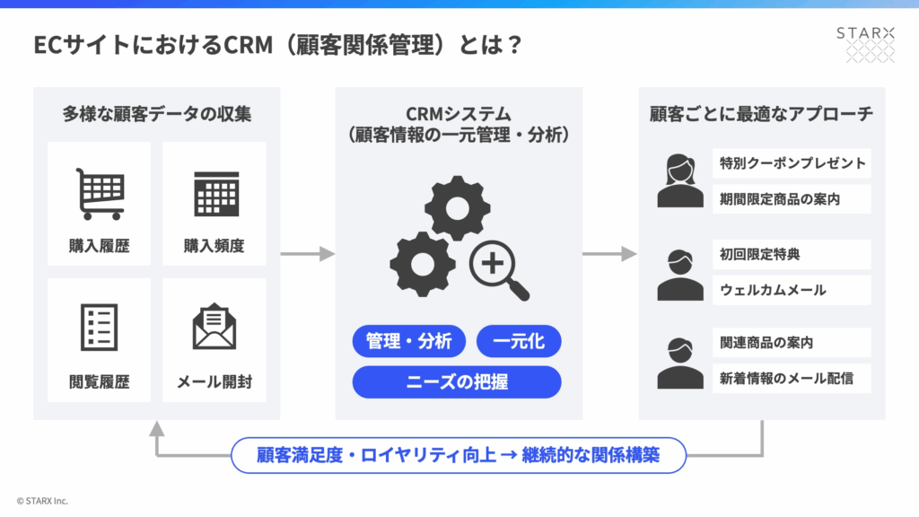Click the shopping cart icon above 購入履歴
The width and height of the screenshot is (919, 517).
coord(100,194)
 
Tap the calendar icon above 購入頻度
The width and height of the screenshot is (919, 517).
coord(215,193)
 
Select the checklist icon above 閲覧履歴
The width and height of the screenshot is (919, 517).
coord(100,328)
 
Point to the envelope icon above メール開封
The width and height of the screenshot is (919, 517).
coord(215,328)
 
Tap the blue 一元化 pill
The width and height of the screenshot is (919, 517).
coord(519,342)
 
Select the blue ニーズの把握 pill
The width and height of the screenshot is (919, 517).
coord(457,381)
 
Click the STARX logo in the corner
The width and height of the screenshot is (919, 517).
coord(865,43)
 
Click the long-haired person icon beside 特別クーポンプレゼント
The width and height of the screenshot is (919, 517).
coord(679,180)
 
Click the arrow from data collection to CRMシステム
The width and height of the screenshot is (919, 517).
coord(307,254)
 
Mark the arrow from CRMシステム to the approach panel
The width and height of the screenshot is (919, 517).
coord(609,254)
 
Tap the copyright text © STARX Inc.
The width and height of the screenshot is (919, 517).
coord(42,501)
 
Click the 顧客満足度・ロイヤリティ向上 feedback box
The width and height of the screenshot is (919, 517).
coord(459,455)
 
